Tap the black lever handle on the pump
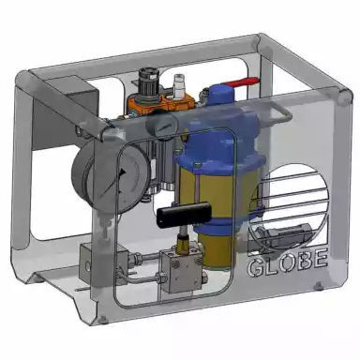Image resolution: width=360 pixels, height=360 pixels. pyautogui.click(x=184, y=215)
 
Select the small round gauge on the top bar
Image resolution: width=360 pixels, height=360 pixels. pyautogui.click(x=162, y=126)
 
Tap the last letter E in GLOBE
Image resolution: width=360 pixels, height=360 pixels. pyautogui.click(x=321, y=259)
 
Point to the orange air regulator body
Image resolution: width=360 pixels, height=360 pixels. pyautogui.click(x=159, y=102)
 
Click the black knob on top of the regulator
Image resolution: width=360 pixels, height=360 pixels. pyautogui.click(x=147, y=79)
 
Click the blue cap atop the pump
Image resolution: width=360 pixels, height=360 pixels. pyautogui.click(x=220, y=95)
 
